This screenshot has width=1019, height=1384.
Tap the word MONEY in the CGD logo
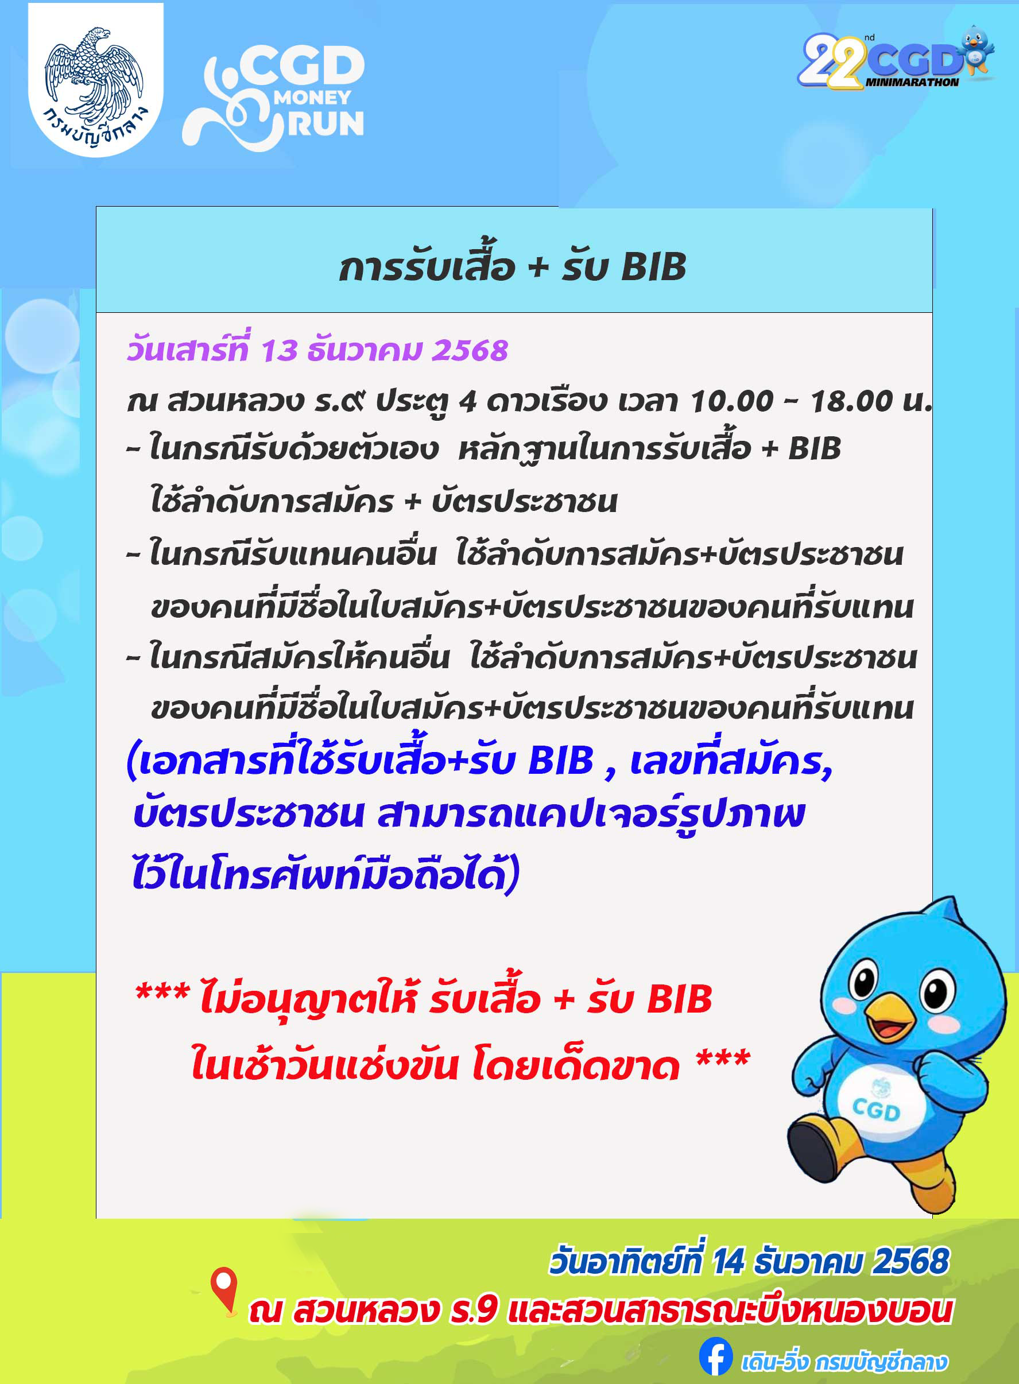point(312,98)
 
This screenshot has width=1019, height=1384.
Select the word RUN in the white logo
point(326,123)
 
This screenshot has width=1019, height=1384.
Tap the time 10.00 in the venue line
point(731,401)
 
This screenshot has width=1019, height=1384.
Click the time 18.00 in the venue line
point(851,401)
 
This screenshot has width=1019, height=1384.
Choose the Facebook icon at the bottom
point(715,1356)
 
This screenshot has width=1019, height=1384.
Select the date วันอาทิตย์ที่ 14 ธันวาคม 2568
point(749,1261)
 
